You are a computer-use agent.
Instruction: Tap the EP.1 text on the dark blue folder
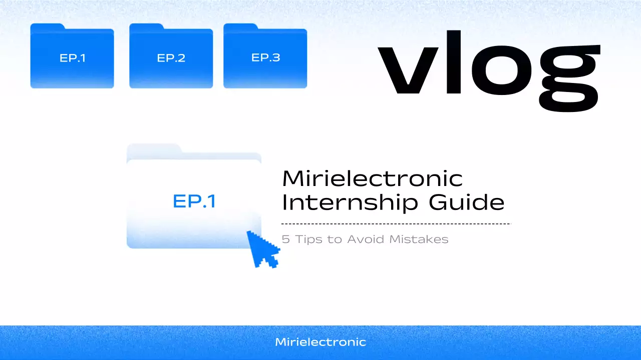72,58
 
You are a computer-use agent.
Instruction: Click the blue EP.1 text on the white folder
194,201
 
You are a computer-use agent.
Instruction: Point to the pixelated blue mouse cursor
262,248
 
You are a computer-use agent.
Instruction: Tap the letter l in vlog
453,62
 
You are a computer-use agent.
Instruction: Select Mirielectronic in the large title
372,178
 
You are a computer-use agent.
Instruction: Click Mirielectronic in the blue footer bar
320,342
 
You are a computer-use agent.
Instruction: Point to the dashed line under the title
396,223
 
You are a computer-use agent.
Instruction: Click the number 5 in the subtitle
285,239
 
